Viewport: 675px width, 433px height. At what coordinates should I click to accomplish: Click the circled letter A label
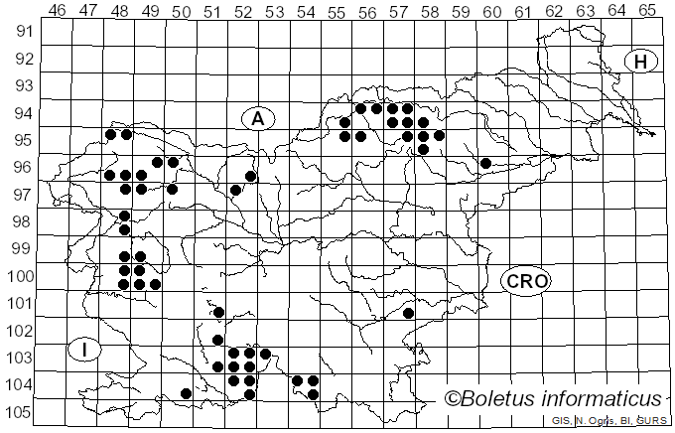coord(257,119)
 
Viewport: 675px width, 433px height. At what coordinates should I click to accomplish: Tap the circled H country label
coord(641,62)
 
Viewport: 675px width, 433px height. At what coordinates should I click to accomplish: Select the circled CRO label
coord(526,281)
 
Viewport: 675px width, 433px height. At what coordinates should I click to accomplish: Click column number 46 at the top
coord(57,10)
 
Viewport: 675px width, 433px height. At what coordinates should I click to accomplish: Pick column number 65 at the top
coord(647,10)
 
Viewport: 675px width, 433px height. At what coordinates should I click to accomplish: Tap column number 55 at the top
coord(337,10)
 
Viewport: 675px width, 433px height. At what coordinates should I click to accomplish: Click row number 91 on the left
coord(22,32)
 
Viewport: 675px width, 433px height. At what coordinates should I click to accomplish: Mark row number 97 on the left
coord(22,195)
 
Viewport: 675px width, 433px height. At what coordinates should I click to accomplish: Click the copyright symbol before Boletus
coord(452,399)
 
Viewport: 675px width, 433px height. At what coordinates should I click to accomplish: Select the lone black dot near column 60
coord(485,163)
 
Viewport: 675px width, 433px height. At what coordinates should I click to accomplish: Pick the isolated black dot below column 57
coord(408,313)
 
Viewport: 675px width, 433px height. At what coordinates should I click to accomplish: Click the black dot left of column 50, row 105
coord(186,393)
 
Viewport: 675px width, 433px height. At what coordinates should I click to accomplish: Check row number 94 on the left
coord(22,113)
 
